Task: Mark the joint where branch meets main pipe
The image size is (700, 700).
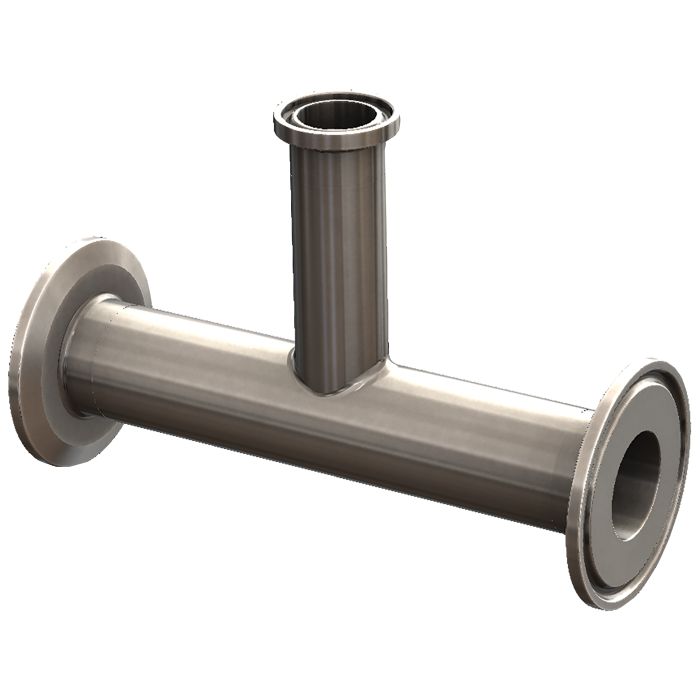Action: [330, 385]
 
